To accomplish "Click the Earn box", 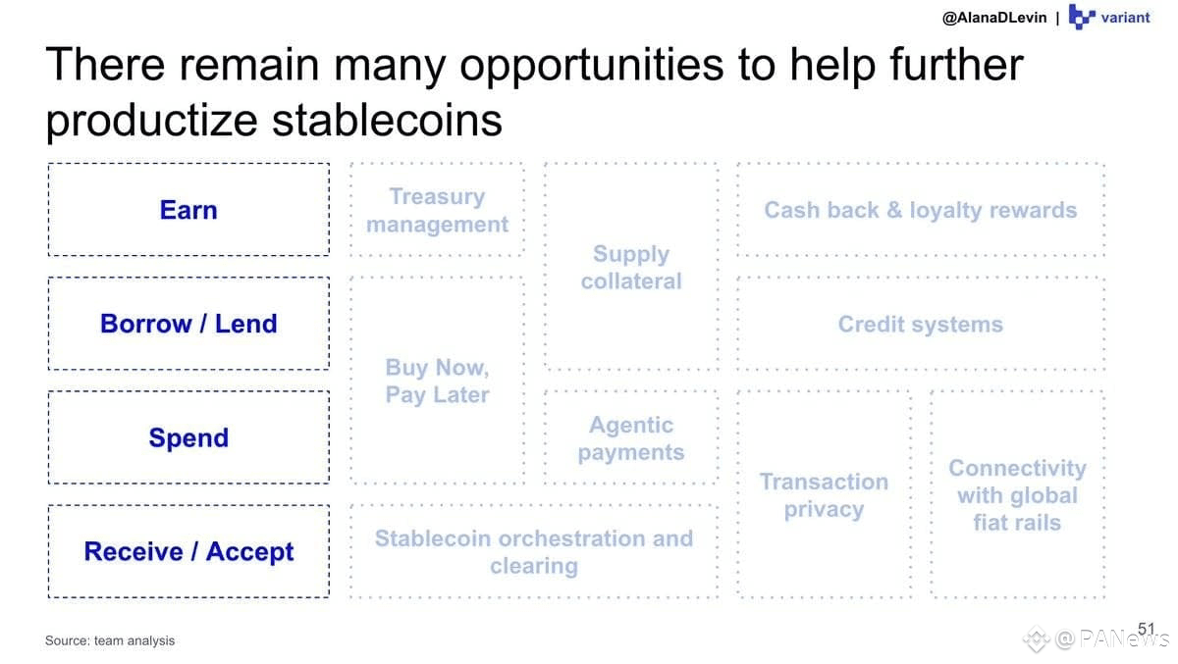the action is (x=188, y=210).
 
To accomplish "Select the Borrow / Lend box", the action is (x=188, y=324).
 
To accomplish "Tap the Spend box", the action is (x=188, y=437).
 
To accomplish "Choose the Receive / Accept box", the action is (x=188, y=551).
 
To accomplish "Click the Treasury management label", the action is (x=437, y=210).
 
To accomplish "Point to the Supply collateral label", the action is (x=631, y=268).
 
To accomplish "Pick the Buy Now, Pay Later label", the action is (x=437, y=381).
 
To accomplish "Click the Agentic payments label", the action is (x=631, y=438).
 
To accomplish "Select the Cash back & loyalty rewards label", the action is (x=921, y=210).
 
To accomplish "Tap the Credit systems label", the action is (x=921, y=324).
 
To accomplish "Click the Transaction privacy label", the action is (x=824, y=495).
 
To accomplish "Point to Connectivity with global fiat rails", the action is (x=1018, y=495).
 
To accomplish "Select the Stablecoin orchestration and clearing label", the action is (x=534, y=552).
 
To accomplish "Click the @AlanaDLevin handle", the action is (x=994, y=18).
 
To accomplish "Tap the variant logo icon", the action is (x=1082, y=17).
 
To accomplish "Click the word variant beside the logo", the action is (x=1125, y=18).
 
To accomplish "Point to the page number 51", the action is (x=1146, y=629).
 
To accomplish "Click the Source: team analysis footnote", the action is (x=110, y=640).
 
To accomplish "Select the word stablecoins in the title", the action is (x=387, y=121).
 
